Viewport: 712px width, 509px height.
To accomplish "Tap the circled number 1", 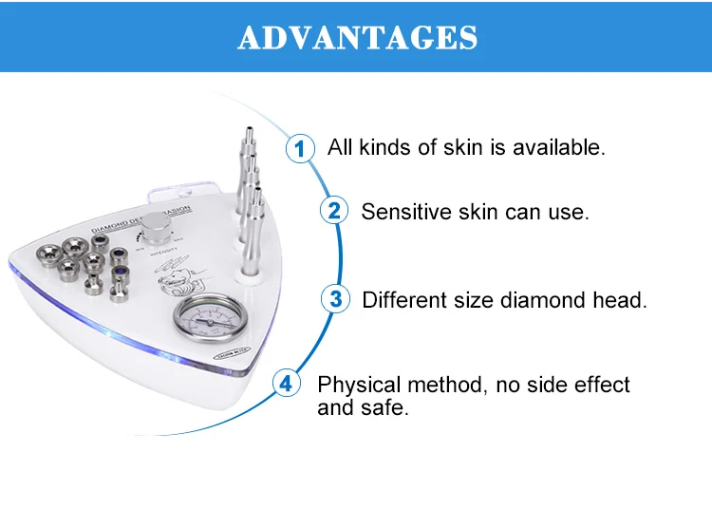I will click(300, 149).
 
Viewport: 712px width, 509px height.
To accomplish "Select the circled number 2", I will click(333, 211).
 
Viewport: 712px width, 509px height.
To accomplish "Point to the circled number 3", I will click(335, 299).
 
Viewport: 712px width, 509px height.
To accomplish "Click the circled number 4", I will click(286, 385).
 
